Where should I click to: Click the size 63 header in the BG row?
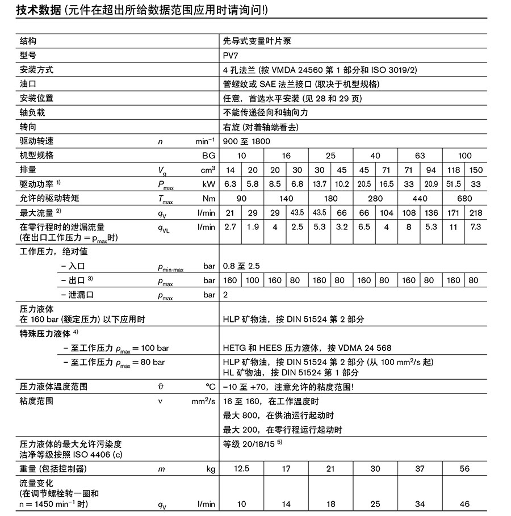click(420, 155)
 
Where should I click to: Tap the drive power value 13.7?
click(320, 184)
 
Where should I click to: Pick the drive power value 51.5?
click(454, 184)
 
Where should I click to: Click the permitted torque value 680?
click(464, 198)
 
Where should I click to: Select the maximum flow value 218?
click(476, 212)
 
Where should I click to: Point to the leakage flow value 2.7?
click(231, 227)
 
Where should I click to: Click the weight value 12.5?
click(242, 468)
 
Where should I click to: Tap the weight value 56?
click(464, 468)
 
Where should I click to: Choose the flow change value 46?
click(464, 504)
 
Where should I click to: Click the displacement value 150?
click(476, 170)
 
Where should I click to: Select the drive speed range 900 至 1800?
click(247, 141)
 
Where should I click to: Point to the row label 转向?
click(28, 127)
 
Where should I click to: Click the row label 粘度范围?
click(36, 401)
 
